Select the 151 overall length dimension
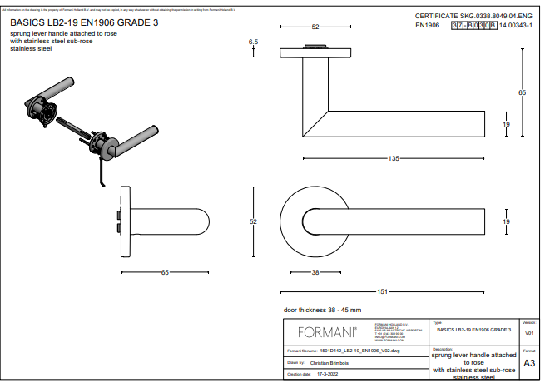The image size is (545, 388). [382, 291]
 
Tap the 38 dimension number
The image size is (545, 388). [315, 272]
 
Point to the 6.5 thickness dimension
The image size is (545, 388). [254, 41]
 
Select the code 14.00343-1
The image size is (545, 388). [516, 26]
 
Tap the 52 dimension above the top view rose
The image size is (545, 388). [315, 27]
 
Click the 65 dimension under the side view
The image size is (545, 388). [165, 272]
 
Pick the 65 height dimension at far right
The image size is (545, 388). [523, 93]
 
